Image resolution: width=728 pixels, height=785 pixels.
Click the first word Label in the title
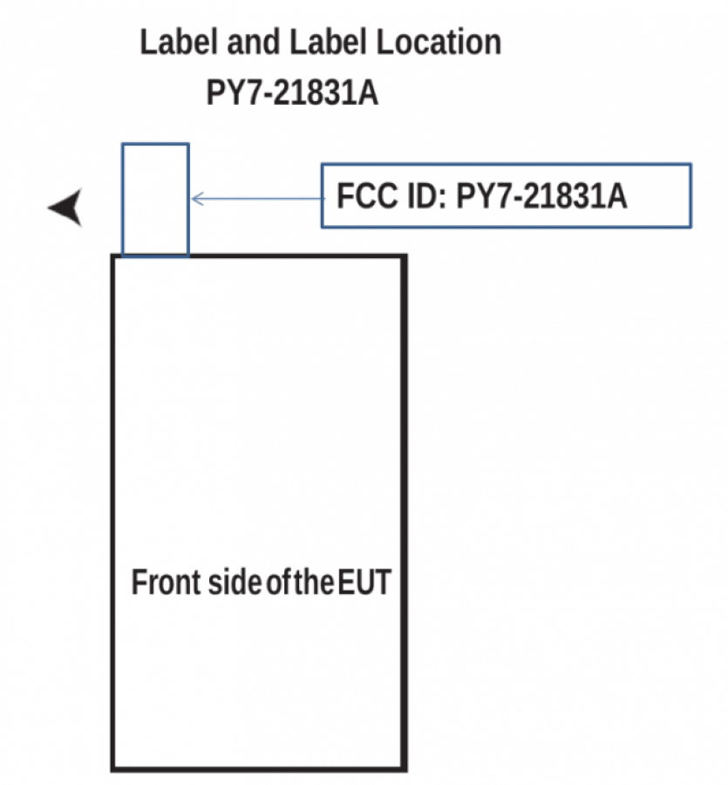179,42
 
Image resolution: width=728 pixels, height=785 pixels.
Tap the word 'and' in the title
253,42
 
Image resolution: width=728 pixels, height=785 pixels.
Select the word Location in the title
439,42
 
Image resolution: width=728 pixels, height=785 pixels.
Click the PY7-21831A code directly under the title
292,92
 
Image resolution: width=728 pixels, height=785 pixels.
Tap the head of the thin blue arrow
194,199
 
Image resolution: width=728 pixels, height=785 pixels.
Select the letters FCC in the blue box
367,195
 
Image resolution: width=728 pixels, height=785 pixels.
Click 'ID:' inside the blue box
427,195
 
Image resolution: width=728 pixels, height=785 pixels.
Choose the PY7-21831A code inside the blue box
541,195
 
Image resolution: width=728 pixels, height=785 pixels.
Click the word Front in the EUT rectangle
167,583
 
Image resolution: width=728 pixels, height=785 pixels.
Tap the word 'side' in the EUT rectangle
235,583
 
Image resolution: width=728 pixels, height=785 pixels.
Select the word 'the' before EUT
314,583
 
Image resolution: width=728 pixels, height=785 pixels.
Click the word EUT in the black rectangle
364,583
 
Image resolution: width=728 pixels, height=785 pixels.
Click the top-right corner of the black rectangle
404,257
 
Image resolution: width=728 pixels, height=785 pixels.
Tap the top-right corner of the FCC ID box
691,164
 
